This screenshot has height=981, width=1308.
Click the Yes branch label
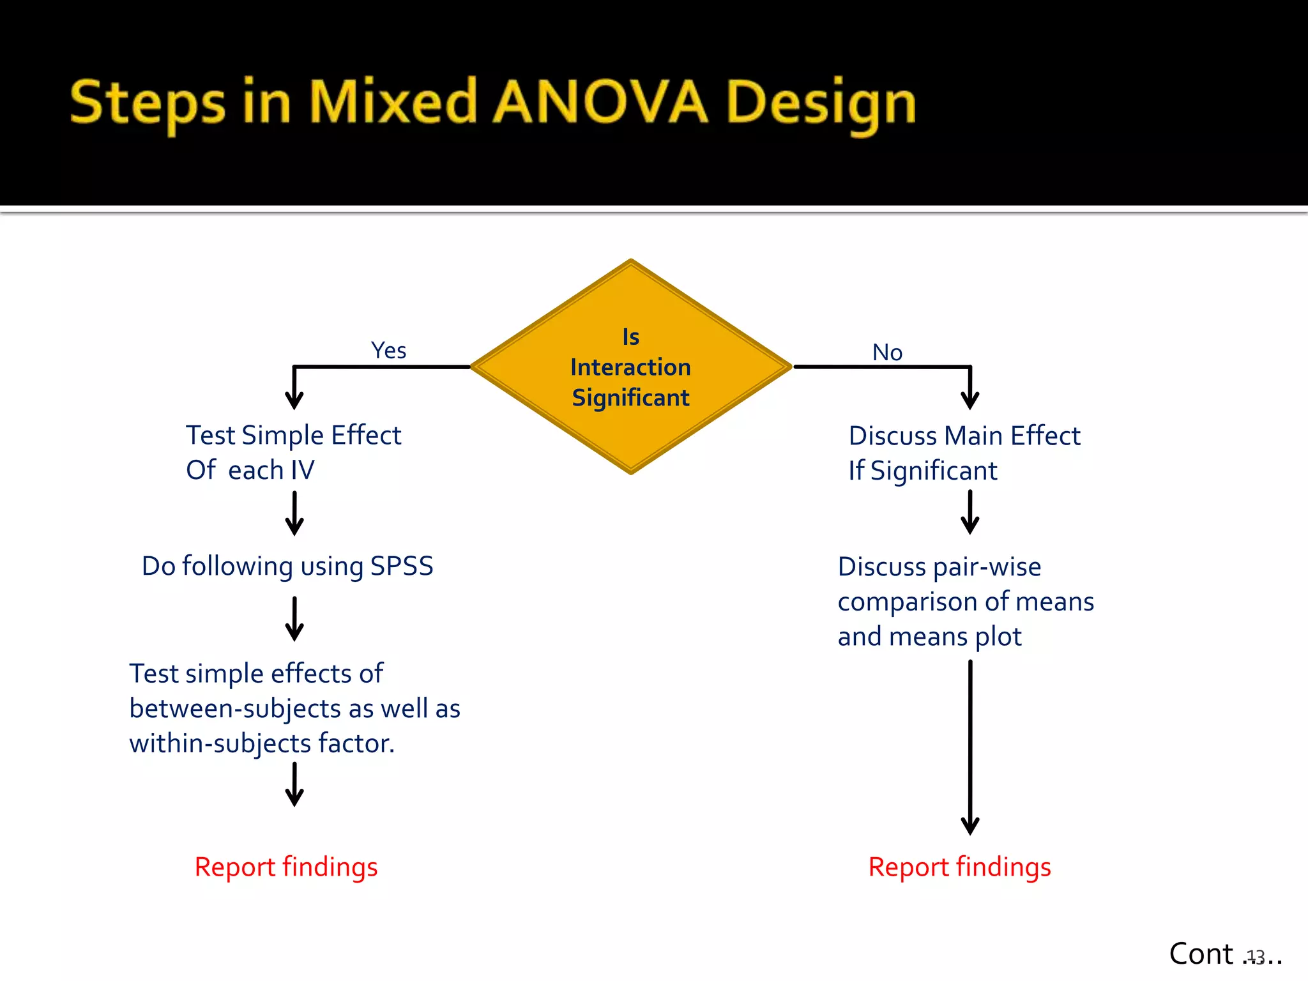[388, 350]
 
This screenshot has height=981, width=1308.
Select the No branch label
[887, 352]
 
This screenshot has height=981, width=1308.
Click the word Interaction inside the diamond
[630, 367]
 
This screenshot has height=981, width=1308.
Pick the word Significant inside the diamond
[630, 398]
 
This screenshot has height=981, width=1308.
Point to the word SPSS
[402, 567]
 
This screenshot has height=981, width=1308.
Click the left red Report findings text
[286, 867]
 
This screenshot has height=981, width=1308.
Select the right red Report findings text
[959, 867]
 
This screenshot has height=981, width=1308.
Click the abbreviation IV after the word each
[302, 470]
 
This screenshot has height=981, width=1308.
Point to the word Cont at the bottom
[1201, 954]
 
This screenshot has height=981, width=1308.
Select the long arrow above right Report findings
[970, 747]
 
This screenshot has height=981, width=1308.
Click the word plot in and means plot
[998, 637]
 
